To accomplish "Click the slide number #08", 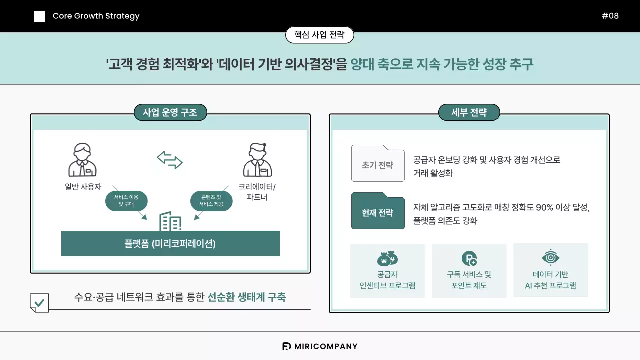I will point(610,16).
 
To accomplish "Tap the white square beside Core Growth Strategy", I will point(39,16).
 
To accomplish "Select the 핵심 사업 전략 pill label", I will point(319,35).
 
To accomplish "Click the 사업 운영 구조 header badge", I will point(170,112).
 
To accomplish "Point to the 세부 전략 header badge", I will point(469,112).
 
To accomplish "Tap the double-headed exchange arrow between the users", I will point(170,160).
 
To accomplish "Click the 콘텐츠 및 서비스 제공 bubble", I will point(211,201).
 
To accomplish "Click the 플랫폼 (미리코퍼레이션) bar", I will point(170,243).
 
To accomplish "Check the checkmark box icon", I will point(40,303).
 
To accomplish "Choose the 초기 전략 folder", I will point(378,164).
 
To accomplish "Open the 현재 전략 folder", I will point(378,211).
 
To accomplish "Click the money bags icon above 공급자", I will point(387,258).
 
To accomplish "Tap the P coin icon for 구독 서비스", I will point(469,258).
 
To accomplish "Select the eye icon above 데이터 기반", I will point(550,257).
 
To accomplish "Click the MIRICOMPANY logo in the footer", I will point(320,346).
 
